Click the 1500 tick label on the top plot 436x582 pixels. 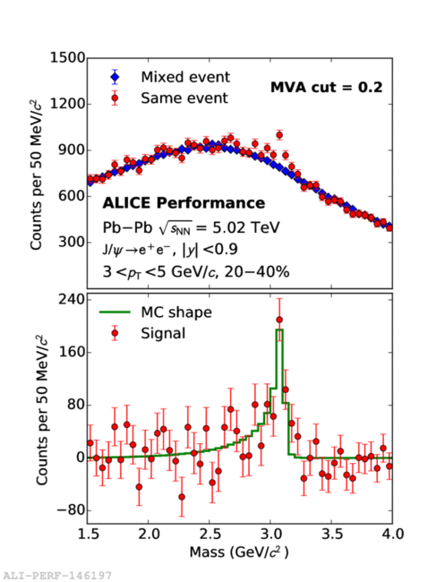[67, 58]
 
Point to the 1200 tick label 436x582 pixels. [67, 104]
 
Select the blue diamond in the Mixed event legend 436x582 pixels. [115, 77]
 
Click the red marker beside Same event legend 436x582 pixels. [115, 98]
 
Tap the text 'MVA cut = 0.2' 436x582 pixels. [327, 88]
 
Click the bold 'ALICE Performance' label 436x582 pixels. [184, 203]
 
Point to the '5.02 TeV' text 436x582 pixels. [246, 227]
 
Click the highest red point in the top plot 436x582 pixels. [279, 135]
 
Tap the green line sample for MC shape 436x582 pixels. [115, 312]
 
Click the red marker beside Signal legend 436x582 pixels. [115, 333]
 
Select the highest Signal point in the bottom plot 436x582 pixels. [279, 320]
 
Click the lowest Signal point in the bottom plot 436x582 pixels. [182, 497]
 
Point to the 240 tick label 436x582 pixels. [72, 299]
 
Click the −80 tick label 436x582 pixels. [71, 510]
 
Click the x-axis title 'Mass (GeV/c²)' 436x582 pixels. [239, 552]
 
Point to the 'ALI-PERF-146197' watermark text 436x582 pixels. [56, 576]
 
